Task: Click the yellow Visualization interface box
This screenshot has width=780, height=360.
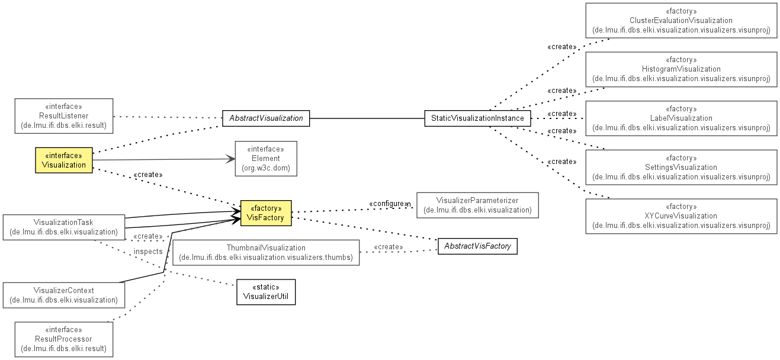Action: [64, 160]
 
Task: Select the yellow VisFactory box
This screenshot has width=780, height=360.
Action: [266, 213]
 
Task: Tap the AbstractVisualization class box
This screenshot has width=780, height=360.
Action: [266, 118]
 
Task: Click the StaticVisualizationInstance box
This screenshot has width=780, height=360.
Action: [477, 118]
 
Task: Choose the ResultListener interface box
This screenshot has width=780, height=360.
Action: [64, 116]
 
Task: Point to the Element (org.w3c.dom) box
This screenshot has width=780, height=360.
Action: [266, 159]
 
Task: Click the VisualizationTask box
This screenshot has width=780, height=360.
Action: [64, 227]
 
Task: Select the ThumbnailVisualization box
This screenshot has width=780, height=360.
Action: [266, 253]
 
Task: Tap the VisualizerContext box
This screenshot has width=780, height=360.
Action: [64, 295]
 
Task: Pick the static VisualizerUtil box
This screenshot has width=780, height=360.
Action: [266, 292]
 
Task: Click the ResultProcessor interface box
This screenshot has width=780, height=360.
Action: [64, 339]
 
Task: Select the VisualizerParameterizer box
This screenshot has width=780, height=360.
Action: [477, 205]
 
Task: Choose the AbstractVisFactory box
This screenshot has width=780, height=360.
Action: [477, 246]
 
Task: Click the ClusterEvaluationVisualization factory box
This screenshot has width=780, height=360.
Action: [681, 21]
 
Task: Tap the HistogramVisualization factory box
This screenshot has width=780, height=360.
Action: [681, 69]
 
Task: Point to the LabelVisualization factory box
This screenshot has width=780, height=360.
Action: [681, 118]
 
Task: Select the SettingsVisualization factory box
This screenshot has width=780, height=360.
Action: [681, 168]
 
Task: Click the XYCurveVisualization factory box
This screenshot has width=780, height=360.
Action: [681, 216]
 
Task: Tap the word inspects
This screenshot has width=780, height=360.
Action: [148, 252]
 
